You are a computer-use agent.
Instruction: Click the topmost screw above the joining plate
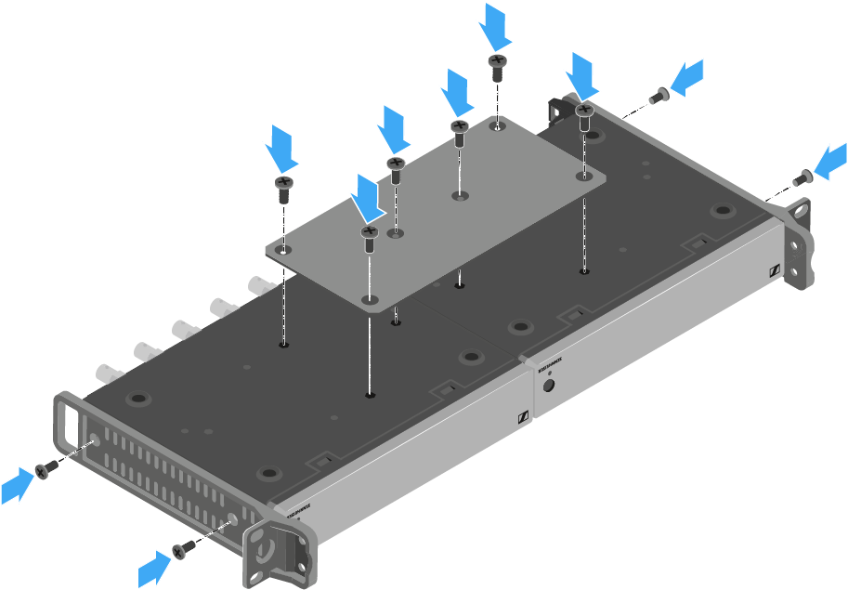pyautogui.click(x=497, y=65)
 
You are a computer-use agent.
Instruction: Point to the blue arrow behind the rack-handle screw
pyautogui.click(x=18, y=486)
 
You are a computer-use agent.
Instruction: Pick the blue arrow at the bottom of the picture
pyautogui.click(x=155, y=567)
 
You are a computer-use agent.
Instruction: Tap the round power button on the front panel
pyautogui.click(x=549, y=387)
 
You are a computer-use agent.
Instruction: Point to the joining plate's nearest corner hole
pyautogui.click(x=370, y=299)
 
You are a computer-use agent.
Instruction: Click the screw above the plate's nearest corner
pyautogui.click(x=369, y=236)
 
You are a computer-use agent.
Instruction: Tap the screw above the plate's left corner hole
pyautogui.click(x=284, y=189)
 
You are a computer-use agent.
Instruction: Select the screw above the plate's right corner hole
pyautogui.click(x=584, y=117)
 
